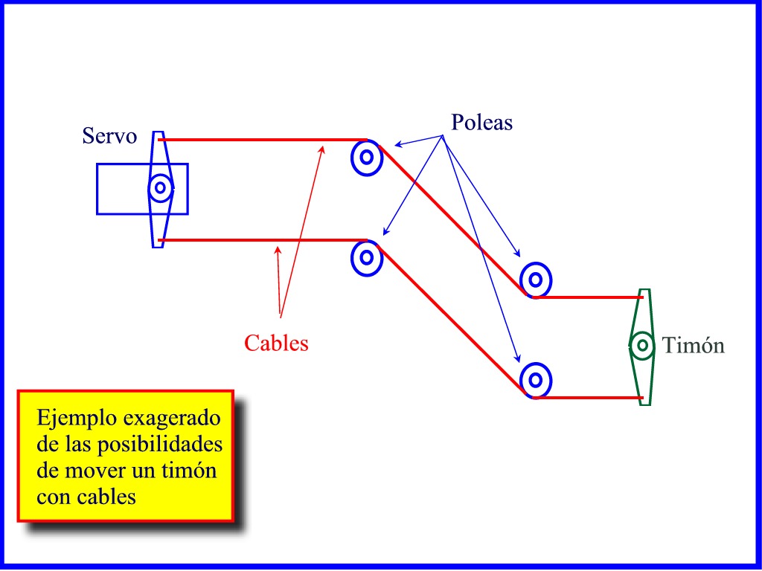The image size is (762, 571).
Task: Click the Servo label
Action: click(x=109, y=137)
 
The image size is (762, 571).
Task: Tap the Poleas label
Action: click(x=481, y=123)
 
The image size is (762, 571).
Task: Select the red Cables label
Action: click(x=276, y=343)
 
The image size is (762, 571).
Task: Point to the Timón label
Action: click(x=693, y=346)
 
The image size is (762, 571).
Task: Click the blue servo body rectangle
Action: click(x=119, y=189)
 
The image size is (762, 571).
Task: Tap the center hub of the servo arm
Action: click(x=159, y=188)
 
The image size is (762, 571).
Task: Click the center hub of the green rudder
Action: click(x=642, y=345)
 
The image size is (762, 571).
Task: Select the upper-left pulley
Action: click(x=366, y=157)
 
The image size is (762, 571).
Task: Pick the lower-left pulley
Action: click(x=366, y=257)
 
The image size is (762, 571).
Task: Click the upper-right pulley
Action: click(x=535, y=280)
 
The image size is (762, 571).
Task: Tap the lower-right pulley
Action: click(x=535, y=380)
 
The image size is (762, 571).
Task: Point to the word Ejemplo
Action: click(x=72, y=419)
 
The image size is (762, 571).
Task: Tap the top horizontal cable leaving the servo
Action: click(x=260, y=139)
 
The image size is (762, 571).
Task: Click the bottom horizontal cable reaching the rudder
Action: click(x=588, y=398)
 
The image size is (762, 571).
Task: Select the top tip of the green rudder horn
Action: click(x=644, y=292)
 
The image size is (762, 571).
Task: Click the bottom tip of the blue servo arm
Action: click(x=157, y=244)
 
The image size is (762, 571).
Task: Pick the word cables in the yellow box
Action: click(x=107, y=497)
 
